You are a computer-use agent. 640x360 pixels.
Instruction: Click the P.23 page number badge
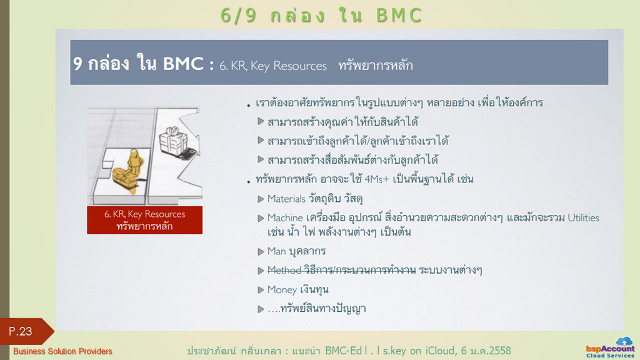(25, 331)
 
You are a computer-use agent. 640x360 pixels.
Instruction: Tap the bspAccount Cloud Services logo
(610, 347)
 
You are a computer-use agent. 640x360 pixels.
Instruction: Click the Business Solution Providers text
(62, 351)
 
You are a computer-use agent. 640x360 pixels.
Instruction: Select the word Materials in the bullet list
(286, 199)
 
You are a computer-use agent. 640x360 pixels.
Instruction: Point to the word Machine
(285, 218)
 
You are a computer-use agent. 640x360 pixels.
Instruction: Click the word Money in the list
(282, 290)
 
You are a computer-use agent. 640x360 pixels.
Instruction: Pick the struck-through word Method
(284, 270)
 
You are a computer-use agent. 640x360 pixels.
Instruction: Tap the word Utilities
(583, 218)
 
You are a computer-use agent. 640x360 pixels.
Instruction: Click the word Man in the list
(276, 251)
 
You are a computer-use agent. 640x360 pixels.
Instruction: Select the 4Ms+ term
(377, 179)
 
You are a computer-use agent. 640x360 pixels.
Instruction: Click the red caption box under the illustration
(144, 220)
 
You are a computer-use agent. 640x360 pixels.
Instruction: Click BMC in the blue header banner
(183, 64)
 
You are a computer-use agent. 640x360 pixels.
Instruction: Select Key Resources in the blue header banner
(289, 66)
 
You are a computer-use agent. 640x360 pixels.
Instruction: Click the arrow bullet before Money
(261, 290)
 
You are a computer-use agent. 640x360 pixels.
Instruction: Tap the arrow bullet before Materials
(261, 199)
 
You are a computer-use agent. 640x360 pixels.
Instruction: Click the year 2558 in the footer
(499, 351)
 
